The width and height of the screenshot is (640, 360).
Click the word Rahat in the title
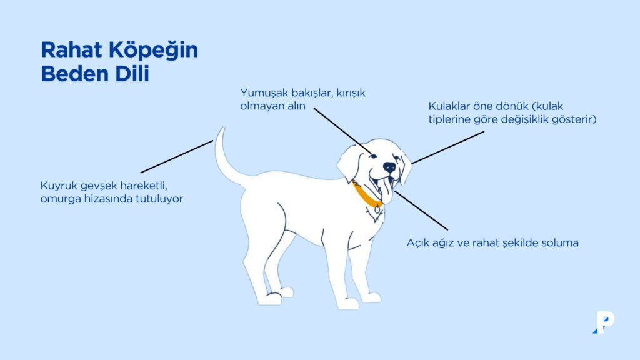(69, 50)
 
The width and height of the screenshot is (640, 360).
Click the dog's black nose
(389, 167)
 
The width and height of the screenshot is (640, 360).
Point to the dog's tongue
(387, 191)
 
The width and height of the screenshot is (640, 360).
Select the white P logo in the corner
(604, 322)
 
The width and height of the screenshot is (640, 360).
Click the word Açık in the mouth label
(419, 242)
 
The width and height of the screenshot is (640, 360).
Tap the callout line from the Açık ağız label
(421, 210)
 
